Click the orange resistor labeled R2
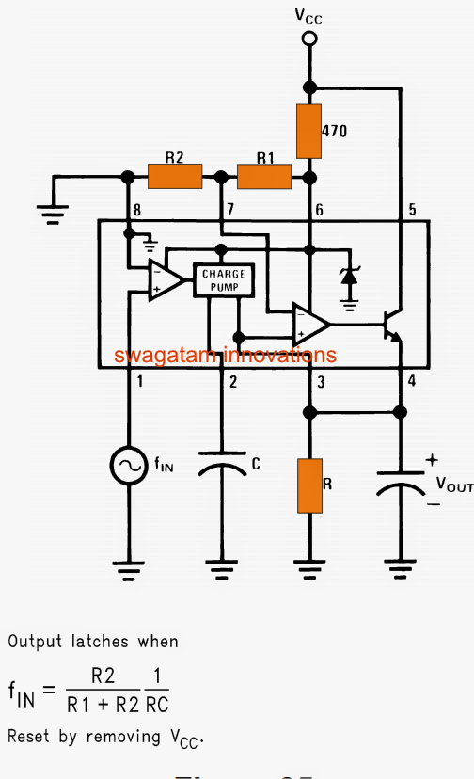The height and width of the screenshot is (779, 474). coord(175,176)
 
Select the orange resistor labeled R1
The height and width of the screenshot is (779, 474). coord(263,176)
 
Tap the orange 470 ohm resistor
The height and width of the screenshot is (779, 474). coord(308,132)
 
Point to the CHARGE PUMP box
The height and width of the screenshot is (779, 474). coord(223,279)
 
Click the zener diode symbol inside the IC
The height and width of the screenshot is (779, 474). coord(350,278)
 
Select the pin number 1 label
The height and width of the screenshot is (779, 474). coord(140,381)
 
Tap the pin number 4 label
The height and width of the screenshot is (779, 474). coord(410,381)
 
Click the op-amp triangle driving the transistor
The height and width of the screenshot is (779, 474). coord(309,325)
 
